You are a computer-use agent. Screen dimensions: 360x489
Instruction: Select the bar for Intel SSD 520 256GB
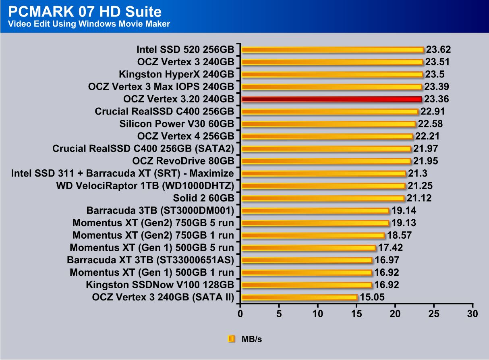point(332,50)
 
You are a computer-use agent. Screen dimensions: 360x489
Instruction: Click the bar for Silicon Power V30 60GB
point(328,124)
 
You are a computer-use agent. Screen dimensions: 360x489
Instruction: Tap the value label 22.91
point(433,112)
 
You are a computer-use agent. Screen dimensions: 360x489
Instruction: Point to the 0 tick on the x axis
point(240,314)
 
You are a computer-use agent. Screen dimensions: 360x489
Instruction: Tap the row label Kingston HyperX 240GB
point(176,75)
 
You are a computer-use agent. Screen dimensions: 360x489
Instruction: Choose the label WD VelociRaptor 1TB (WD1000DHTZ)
point(145,186)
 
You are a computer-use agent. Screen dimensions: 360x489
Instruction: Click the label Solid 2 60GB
point(203,198)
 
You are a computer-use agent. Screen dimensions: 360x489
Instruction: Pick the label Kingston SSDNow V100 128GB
point(160,285)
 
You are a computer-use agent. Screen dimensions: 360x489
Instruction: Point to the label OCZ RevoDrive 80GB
point(183,161)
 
